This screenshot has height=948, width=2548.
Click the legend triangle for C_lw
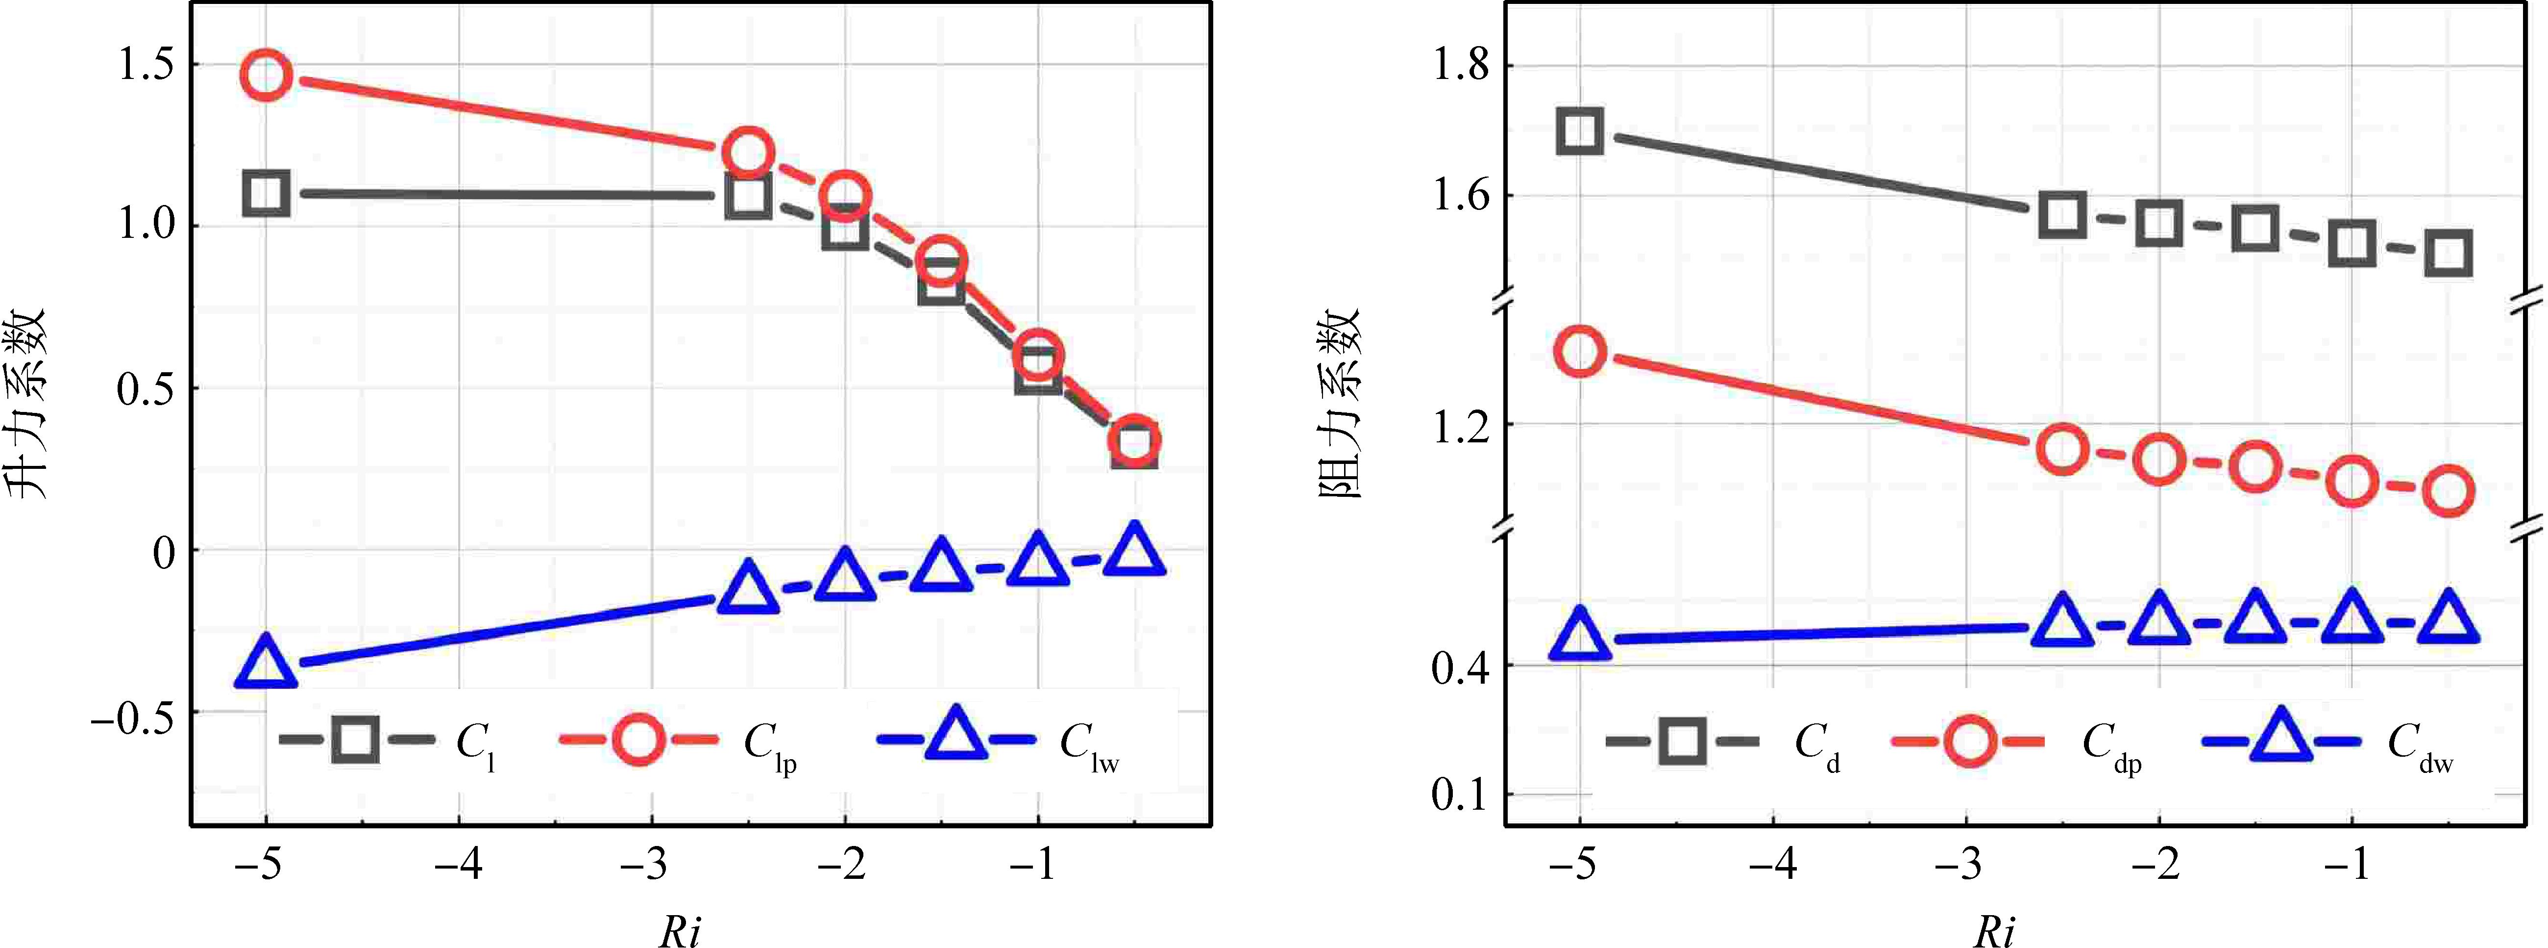(x=955, y=736)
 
